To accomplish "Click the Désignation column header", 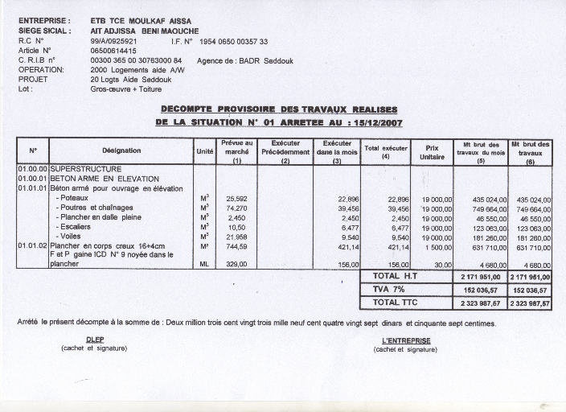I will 121,150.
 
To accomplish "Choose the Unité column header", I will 204,151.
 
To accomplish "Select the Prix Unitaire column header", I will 432,153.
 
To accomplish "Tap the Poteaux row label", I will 74,198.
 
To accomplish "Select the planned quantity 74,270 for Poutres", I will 236,208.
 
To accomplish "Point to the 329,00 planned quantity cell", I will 236,264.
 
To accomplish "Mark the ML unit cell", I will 204,264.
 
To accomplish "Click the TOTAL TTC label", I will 390,303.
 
